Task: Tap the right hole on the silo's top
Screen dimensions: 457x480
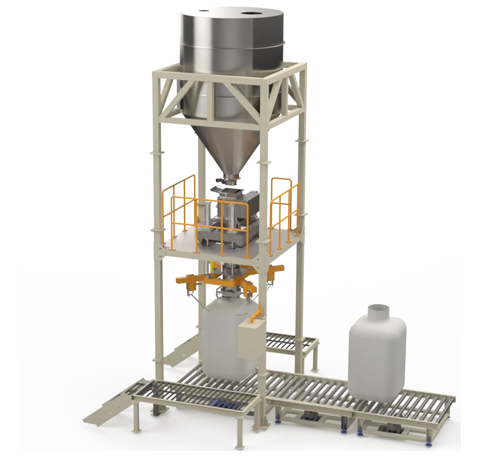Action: (254, 11)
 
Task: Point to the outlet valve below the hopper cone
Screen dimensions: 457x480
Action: (229, 180)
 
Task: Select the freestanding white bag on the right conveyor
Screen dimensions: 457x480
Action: (377, 355)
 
